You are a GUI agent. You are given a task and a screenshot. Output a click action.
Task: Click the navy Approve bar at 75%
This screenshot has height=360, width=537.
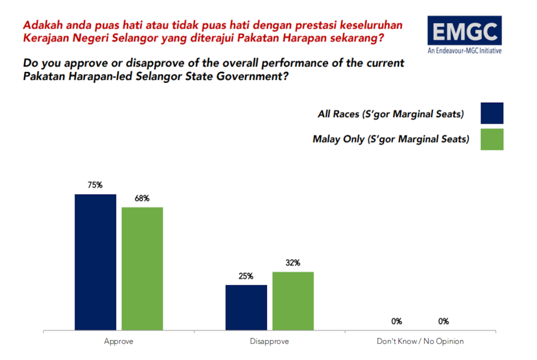click(95, 262)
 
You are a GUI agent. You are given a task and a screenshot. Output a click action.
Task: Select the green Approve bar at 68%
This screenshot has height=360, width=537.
click(142, 268)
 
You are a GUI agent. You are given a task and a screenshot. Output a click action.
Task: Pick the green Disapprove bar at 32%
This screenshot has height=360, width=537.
click(293, 301)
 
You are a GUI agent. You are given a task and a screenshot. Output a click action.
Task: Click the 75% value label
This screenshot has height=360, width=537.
click(95, 185)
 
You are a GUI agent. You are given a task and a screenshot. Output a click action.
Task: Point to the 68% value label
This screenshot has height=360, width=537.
click(142, 198)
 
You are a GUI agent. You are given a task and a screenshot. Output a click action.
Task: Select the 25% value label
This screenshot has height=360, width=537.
click(246, 276)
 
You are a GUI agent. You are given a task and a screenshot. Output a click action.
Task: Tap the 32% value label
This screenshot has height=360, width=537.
click(293, 263)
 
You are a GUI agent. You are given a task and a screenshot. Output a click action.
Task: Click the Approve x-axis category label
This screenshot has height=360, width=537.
click(119, 341)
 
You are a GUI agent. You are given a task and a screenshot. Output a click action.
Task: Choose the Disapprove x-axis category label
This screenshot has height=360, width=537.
click(270, 341)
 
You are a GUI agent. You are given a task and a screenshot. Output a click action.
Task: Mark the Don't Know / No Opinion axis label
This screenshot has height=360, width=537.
click(420, 341)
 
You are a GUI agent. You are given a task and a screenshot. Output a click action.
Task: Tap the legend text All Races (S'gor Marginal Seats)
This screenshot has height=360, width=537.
click(390, 114)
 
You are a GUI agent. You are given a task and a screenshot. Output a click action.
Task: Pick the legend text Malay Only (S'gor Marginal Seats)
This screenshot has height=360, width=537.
click(390, 139)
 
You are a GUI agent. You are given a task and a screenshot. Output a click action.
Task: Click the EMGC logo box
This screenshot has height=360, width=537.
click(465, 31)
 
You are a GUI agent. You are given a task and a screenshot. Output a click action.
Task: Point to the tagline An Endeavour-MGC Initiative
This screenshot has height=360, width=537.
click(465, 52)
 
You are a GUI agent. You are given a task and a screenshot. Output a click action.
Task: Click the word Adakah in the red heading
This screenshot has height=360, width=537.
click(42, 25)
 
